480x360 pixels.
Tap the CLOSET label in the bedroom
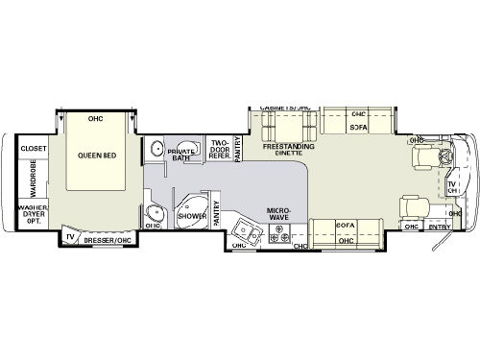(33, 150)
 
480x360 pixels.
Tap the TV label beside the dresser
(71, 234)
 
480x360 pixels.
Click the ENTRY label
(440, 228)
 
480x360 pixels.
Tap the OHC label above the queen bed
(95, 119)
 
